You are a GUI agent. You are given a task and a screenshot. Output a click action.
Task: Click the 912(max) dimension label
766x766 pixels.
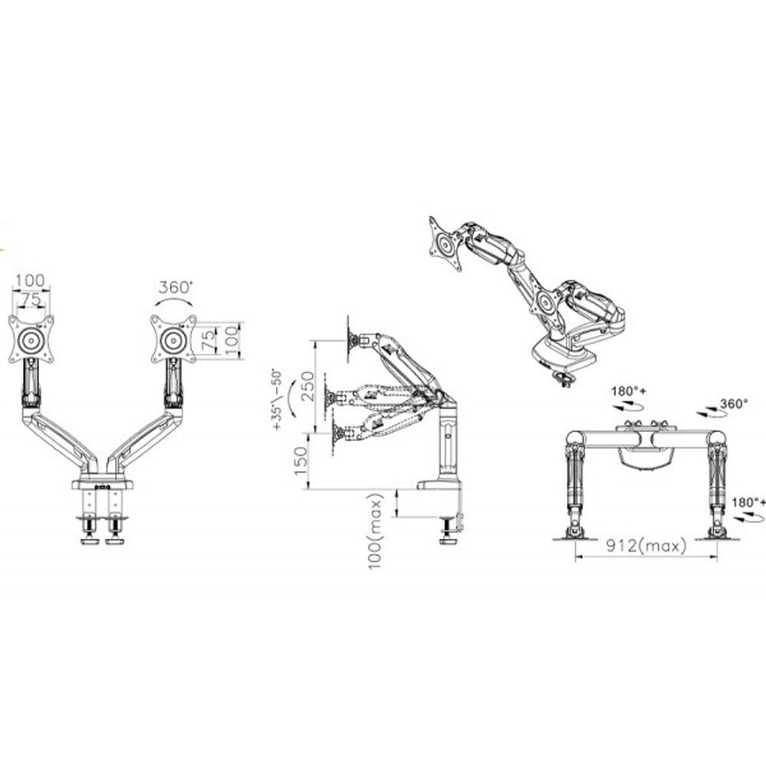tap(646, 545)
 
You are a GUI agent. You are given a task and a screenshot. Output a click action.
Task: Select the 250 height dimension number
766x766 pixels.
tap(307, 386)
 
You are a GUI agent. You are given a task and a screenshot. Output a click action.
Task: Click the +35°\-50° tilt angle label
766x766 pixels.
tap(277, 398)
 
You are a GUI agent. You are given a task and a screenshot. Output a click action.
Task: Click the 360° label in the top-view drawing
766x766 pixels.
tap(735, 404)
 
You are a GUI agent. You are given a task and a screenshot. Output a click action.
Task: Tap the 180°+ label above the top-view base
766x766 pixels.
tap(629, 391)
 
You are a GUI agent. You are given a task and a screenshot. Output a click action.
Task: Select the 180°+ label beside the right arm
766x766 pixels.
tap(748, 502)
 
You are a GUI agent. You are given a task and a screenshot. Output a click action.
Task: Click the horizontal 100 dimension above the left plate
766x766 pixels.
tap(30, 281)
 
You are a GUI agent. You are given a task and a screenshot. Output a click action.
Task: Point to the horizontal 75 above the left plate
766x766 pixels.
tap(31, 300)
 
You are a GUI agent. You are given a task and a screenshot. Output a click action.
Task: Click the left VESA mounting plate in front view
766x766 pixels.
tap(31, 339)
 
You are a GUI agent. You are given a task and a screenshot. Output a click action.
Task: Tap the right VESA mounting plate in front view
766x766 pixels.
tap(173, 339)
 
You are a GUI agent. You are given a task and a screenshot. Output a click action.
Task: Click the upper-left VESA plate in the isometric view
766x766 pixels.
tap(446, 244)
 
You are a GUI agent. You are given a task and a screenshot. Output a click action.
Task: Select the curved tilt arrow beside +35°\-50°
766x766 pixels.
tap(292, 400)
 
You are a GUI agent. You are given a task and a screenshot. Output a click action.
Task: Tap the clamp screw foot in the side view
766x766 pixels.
tap(447, 532)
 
